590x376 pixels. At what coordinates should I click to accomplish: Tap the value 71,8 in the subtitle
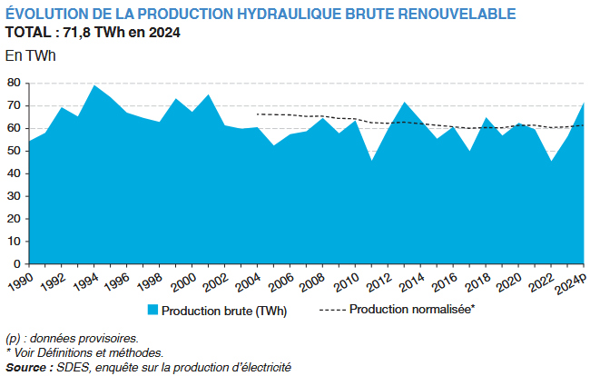pyautogui.click(x=80, y=33)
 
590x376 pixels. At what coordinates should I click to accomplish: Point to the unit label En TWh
pyautogui.click(x=30, y=55)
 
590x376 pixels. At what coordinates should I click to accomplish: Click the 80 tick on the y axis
pyautogui.click(x=13, y=83)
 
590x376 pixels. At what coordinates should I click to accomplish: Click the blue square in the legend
pyautogui.click(x=152, y=311)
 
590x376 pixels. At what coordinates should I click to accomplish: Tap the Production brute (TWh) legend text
pyautogui.click(x=223, y=311)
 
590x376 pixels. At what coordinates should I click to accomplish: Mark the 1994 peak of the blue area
pyautogui.click(x=93, y=86)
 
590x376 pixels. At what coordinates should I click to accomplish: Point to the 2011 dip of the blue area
pyautogui.click(x=371, y=161)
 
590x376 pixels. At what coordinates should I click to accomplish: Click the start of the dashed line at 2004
pyautogui.click(x=258, y=114)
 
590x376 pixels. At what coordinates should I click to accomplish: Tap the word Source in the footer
pyautogui.click(x=26, y=367)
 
